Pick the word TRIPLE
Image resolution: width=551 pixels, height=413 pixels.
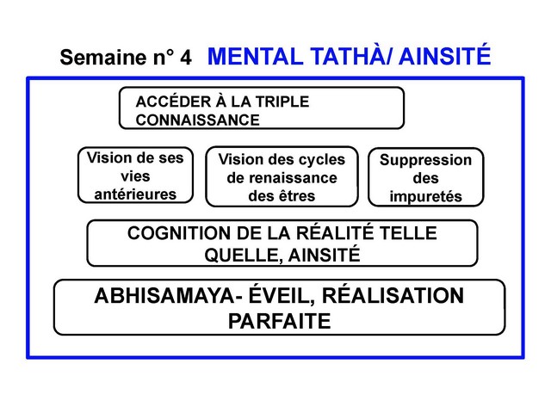click(x=280, y=102)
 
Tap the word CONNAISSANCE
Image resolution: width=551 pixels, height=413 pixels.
click(x=197, y=119)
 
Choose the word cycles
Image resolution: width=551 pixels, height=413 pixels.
click(x=319, y=160)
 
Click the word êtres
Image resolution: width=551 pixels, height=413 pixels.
click(x=293, y=196)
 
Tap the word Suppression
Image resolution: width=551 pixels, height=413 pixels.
click(x=425, y=161)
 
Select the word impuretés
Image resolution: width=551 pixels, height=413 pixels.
click(x=425, y=197)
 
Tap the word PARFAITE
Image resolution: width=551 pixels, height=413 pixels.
click(x=279, y=322)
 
